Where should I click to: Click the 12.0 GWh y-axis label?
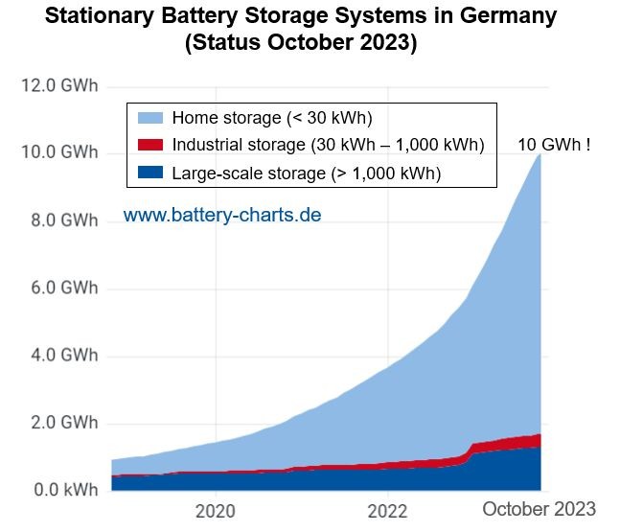pyautogui.click(x=58, y=86)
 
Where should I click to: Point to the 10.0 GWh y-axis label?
pyautogui.click(x=58, y=153)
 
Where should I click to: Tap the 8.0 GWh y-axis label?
pyautogui.click(x=62, y=220)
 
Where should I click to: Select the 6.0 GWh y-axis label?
pyautogui.click(x=62, y=289)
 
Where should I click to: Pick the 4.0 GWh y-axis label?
pyautogui.click(x=62, y=356)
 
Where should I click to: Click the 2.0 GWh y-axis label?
pyautogui.click(x=62, y=424)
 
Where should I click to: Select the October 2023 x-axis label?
pyautogui.click(x=539, y=509)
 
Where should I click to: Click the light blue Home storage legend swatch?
pyautogui.click(x=149, y=119)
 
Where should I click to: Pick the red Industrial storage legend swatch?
pyautogui.click(x=149, y=145)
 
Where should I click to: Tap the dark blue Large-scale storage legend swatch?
pyautogui.click(x=149, y=172)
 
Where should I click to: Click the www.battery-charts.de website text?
pyautogui.click(x=222, y=215)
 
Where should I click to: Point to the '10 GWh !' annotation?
pyautogui.click(x=554, y=145)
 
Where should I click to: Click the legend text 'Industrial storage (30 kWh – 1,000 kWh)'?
pyautogui.click(x=328, y=145)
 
